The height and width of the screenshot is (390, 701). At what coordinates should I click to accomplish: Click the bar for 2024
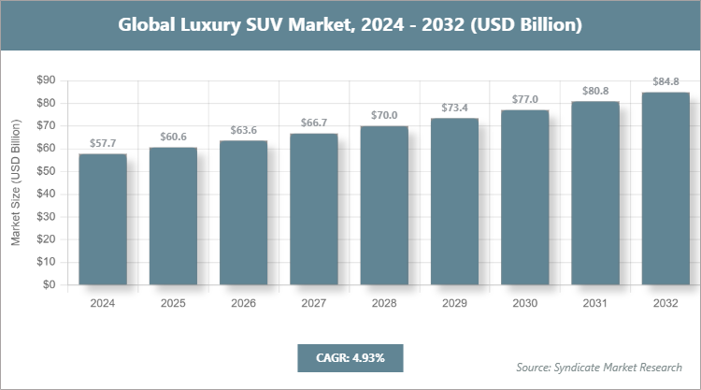[x=102, y=220]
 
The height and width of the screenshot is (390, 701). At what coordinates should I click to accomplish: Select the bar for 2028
[x=384, y=206]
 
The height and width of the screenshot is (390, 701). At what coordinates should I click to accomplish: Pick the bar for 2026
[x=243, y=213]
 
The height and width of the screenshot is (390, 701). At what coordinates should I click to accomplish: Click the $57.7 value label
[x=102, y=143]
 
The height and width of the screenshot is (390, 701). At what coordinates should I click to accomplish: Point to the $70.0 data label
[x=384, y=115]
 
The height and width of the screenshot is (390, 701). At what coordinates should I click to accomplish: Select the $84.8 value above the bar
[x=665, y=81]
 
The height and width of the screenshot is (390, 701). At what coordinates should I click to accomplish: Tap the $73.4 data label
[x=454, y=108]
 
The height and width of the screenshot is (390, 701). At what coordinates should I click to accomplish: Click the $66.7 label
[x=313, y=123]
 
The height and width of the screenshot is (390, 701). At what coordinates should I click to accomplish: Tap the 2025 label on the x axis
[x=173, y=303]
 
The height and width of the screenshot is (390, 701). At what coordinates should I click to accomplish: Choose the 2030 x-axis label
[x=524, y=303]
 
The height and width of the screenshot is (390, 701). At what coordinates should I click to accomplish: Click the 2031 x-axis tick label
[x=595, y=303]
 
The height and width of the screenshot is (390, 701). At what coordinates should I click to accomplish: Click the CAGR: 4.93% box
[x=350, y=357]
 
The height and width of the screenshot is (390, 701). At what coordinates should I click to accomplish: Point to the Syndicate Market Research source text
[x=598, y=366]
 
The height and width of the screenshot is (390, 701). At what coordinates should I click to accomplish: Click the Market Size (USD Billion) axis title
[x=16, y=182]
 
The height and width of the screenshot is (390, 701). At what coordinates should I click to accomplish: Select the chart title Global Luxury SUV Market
[x=350, y=25]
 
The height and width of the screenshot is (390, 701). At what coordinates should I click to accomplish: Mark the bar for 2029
[x=454, y=202]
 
